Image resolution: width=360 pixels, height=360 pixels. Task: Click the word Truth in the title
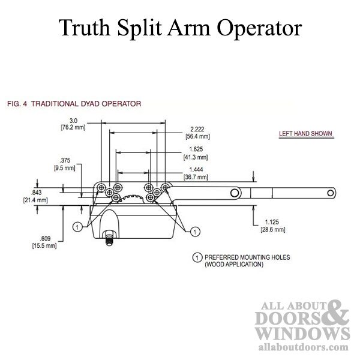tap(84, 28)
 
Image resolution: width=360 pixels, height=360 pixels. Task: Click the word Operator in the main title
tap(259, 28)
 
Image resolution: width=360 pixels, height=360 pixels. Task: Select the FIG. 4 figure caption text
tap(74, 104)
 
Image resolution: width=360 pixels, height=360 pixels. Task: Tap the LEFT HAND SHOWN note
tap(305, 133)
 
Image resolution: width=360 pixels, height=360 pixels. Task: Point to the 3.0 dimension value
tap(73, 121)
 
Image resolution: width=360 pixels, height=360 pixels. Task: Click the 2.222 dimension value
tap(197, 129)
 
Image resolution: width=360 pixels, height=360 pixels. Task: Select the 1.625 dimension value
tap(196, 149)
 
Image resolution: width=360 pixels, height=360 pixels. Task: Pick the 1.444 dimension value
tap(196, 169)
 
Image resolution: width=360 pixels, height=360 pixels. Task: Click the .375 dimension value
tap(65, 160)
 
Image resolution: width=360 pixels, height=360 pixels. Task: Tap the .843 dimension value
tap(36, 193)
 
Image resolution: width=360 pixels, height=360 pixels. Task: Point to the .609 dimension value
tap(45, 238)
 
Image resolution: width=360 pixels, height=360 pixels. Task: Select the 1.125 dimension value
tap(272, 222)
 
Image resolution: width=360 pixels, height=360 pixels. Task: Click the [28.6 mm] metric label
tap(273, 229)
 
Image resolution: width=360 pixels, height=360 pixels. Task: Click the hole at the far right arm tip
tap(331, 193)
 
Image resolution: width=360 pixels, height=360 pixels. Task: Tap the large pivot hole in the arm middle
tap(235, 193)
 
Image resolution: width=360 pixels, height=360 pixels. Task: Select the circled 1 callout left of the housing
tap(77, 227)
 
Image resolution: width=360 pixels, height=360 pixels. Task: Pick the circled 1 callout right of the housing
tap(195, 232)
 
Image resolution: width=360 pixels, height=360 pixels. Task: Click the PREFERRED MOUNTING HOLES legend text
tap(247, 257)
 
